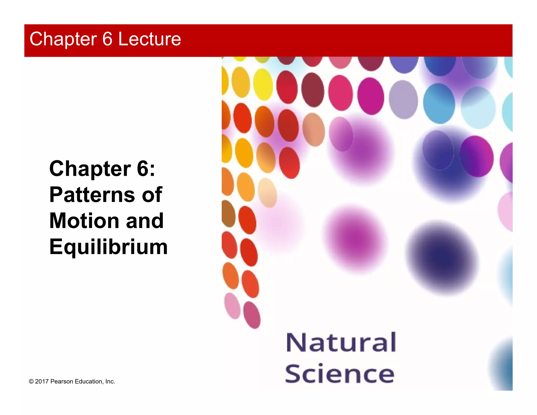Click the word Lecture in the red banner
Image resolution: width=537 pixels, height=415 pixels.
pyautogui.click(x=149, y=39)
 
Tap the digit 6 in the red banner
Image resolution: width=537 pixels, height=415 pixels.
pyautogui.click(x=107, y=39)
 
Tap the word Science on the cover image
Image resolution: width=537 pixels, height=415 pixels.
pyautogui.click(x=340, y=374)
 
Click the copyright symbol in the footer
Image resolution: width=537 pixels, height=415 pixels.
pyautogui.click(x=31, y=382)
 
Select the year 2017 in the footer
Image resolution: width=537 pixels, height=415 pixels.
pyautogui.click(x=42, y=382)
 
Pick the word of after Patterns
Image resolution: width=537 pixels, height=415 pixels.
pyautogui.click(x=152, y=195)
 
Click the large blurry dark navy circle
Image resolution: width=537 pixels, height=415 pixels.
pyautogui.click(x=442, y=258)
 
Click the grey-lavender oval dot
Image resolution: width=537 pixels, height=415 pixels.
pyautogui.click(x=403, y=99)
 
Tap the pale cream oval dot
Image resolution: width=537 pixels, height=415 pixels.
pyautogui.click(x=267, y=192)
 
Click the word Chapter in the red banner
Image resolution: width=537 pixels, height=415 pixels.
pyautogui.click(x=63, y=39)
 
